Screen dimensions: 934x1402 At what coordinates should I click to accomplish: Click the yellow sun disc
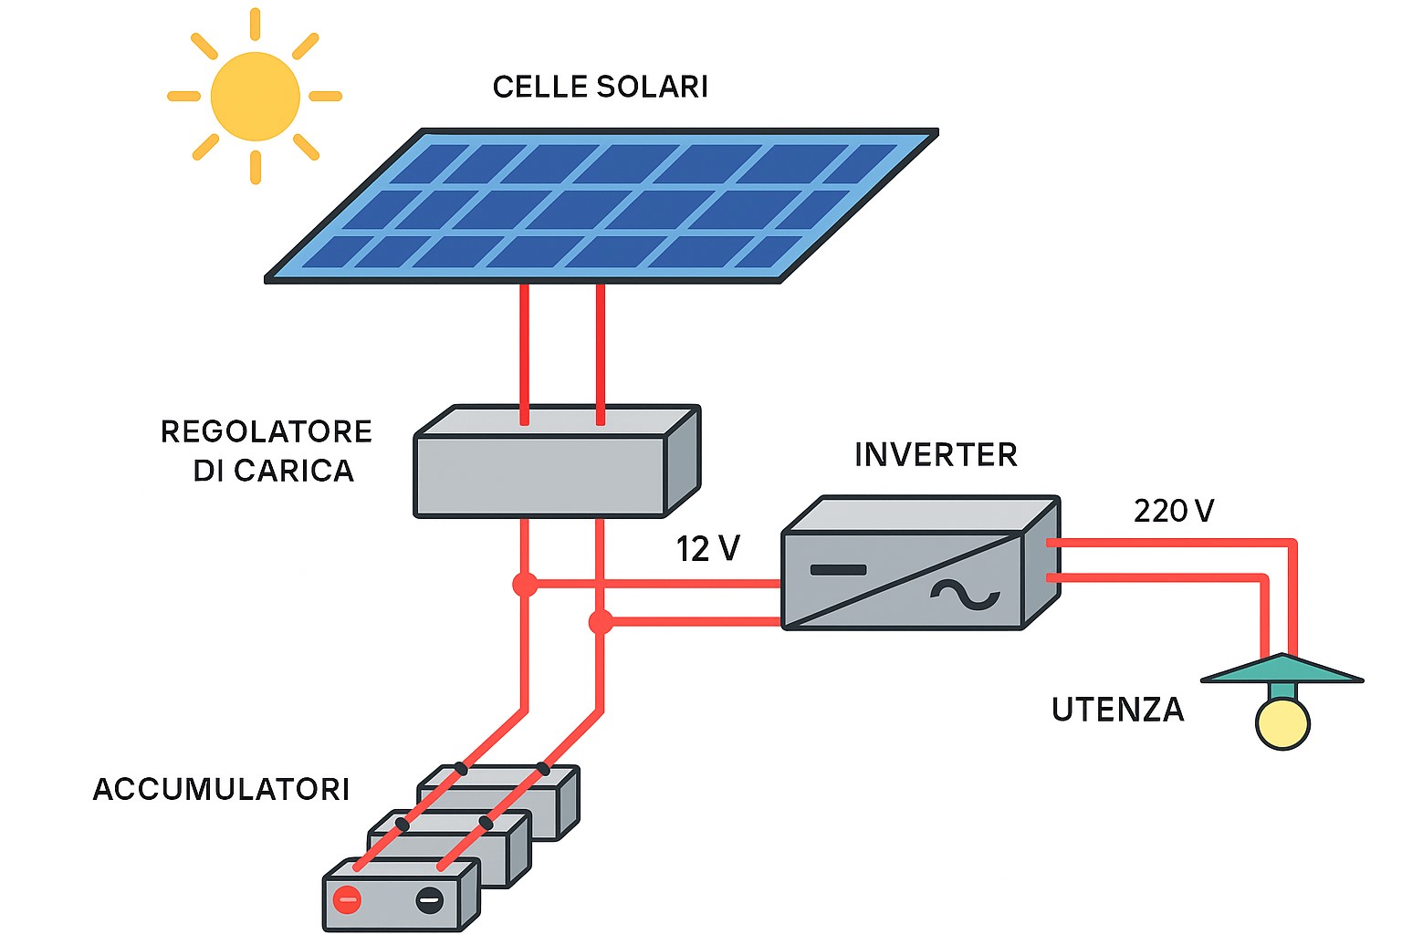pos(255,96)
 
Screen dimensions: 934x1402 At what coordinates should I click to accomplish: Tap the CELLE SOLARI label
pos(600,87)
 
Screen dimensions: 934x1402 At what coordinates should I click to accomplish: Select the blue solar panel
pos(602,205)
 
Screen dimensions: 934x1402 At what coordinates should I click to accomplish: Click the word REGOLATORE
pos(267,431)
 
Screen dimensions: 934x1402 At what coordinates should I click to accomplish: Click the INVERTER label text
pos(936,454)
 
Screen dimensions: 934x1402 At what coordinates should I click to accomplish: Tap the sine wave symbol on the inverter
pos(965,595)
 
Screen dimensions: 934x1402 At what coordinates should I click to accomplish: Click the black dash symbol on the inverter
pos(838,570)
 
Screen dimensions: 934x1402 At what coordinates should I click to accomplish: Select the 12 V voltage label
pos(707,548)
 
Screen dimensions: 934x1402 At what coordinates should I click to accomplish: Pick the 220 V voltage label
pos(1174,511)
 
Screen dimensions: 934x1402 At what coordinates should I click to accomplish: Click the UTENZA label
pos(1117,710)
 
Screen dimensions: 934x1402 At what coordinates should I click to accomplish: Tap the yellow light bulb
pos(1282,723)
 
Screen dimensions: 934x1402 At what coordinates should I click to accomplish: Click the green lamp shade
pos(1282,670)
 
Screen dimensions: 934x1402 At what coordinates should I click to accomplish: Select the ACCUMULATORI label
pos(222,789)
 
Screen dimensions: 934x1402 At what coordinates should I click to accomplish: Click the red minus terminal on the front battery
pos(347,900)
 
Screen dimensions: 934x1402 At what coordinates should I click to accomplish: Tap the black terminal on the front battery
pos(429,900)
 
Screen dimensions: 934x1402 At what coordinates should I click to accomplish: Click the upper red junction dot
pos(525,584)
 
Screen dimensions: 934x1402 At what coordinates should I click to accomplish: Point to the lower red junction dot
pos(601,622)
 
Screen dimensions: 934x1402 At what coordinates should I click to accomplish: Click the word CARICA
pos(293,471)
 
